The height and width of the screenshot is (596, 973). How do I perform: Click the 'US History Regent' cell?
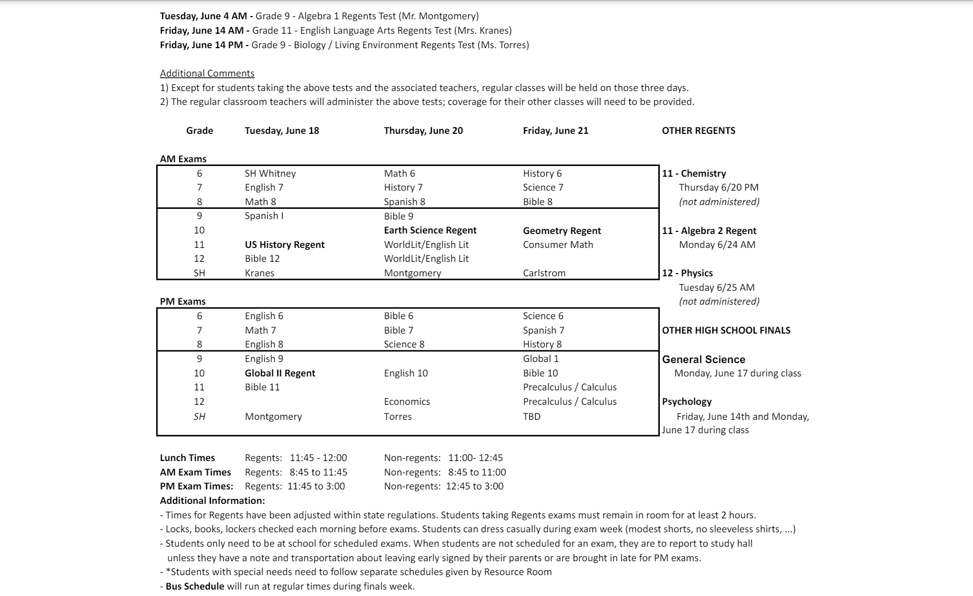(x=285, y=245)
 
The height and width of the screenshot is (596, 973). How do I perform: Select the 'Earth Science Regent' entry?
(x=430, y=230)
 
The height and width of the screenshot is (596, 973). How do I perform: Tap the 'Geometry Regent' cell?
(x=561, y=231)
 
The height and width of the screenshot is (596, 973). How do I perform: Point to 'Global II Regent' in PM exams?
(x=280, y=373)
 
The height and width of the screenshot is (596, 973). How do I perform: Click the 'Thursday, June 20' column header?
(x=423, y=131)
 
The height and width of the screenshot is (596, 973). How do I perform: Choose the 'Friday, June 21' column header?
(x=555, y=131)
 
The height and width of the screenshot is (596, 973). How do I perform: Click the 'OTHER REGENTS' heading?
(x=698, y=131)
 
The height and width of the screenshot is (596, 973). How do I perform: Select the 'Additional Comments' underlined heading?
(x=207, y=73)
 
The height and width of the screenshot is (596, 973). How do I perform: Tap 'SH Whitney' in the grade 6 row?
(x=270, y=173)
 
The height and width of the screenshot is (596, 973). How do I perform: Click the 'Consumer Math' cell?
(x=558, y=245)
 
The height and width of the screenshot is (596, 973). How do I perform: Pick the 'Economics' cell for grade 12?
(x=407, y=402)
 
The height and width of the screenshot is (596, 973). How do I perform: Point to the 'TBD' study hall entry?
(x=531, y=417)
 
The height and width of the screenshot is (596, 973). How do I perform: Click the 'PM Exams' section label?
(x=183, y=301)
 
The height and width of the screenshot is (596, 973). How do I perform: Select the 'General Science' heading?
(x=703, y=359)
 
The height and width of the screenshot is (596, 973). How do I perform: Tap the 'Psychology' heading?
(x=687, y=402)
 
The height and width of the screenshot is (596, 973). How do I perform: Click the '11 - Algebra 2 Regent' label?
(x=709, y=231)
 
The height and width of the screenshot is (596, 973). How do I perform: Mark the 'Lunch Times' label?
(x=187, y=458)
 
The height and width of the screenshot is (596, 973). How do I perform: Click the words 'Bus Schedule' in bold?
(x=195, y=586)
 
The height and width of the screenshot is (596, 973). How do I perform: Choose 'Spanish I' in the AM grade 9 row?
(x=264, y=216)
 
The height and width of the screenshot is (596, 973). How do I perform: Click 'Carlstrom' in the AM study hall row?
(x=544, y=273)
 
